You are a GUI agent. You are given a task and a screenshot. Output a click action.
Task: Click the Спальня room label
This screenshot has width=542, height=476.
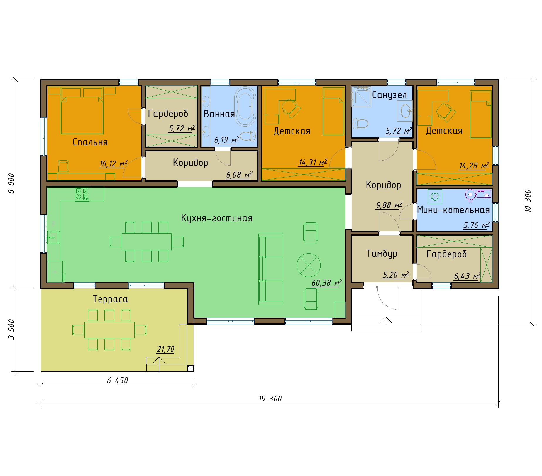(90, 142)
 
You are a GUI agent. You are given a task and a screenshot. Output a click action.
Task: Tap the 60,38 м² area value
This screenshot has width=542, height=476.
(327, 283)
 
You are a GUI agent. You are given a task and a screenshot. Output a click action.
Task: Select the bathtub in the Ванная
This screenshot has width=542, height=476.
(245, 107)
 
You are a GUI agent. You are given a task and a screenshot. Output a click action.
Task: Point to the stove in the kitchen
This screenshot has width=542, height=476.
(82, 194)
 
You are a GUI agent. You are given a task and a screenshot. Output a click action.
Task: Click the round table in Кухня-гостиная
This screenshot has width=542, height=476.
(309, 265)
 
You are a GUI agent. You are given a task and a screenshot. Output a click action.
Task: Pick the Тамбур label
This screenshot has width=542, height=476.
(382, 254)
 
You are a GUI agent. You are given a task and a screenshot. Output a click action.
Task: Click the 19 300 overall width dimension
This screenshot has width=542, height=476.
(270, 399)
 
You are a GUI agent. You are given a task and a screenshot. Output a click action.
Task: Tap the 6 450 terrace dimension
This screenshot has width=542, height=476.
(117, 380)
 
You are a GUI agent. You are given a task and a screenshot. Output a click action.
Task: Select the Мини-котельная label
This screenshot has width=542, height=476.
(453, 210)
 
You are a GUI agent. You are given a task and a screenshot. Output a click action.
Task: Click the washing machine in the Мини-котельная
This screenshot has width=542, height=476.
(435, 196)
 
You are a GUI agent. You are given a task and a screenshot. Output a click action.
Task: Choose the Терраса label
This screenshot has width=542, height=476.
(110, 299)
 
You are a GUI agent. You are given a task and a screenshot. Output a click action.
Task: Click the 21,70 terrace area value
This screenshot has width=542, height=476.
(165, 349)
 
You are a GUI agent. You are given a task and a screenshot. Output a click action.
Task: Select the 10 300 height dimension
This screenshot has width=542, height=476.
(527, 201)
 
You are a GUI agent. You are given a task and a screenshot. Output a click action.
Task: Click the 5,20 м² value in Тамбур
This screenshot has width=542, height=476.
(396, 275)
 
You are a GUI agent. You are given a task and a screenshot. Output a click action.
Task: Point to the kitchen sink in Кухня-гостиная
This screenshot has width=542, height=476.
(53, 237)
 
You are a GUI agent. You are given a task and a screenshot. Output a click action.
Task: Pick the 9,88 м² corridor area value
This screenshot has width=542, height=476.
(389, 205)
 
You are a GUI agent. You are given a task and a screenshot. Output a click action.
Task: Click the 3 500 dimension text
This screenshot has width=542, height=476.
(11, 329)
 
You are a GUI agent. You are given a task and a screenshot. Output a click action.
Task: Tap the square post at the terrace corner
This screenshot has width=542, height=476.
(191, 368)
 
